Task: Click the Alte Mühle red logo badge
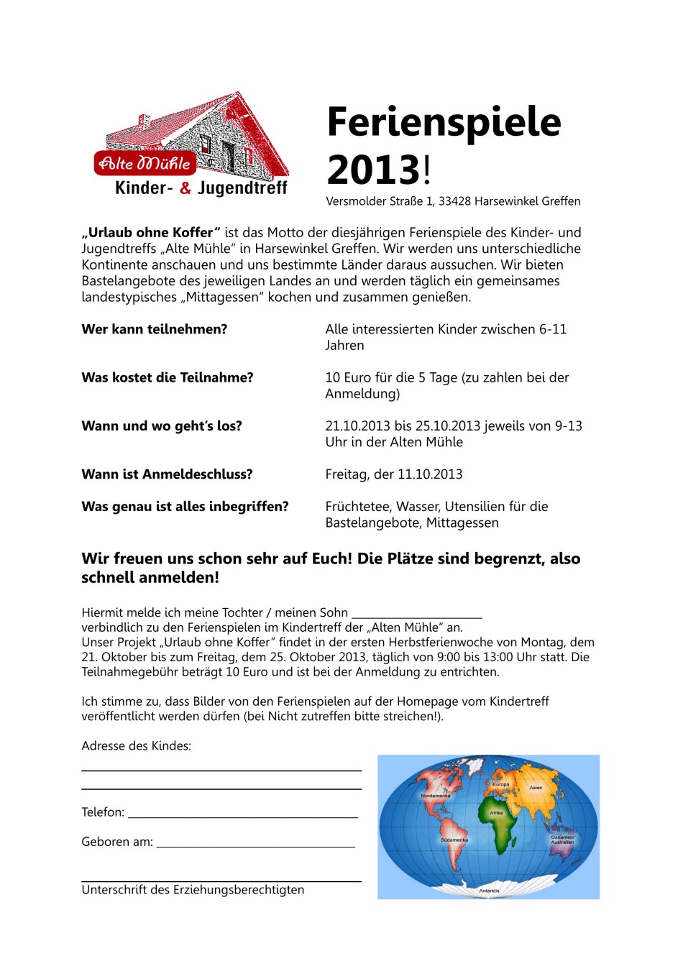point(145,164)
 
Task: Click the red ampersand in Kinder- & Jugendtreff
point(185,188)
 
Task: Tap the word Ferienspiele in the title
point(444,121)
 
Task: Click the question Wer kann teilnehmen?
point(155,329)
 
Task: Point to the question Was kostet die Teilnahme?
point(168,377)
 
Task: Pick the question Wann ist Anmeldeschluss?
point(167,474)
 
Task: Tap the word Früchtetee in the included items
point(358,507)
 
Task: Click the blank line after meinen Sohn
point(416,616)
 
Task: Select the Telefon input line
point(243,816)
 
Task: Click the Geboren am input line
point(256,846)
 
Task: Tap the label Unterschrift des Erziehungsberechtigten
point(193,890)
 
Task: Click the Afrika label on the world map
point(496,813)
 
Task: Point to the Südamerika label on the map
point(454,839)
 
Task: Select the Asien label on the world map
point(536,788)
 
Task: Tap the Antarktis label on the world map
point(489,891)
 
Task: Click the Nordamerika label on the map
point(435,796)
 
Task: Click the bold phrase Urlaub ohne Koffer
point(151,233)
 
